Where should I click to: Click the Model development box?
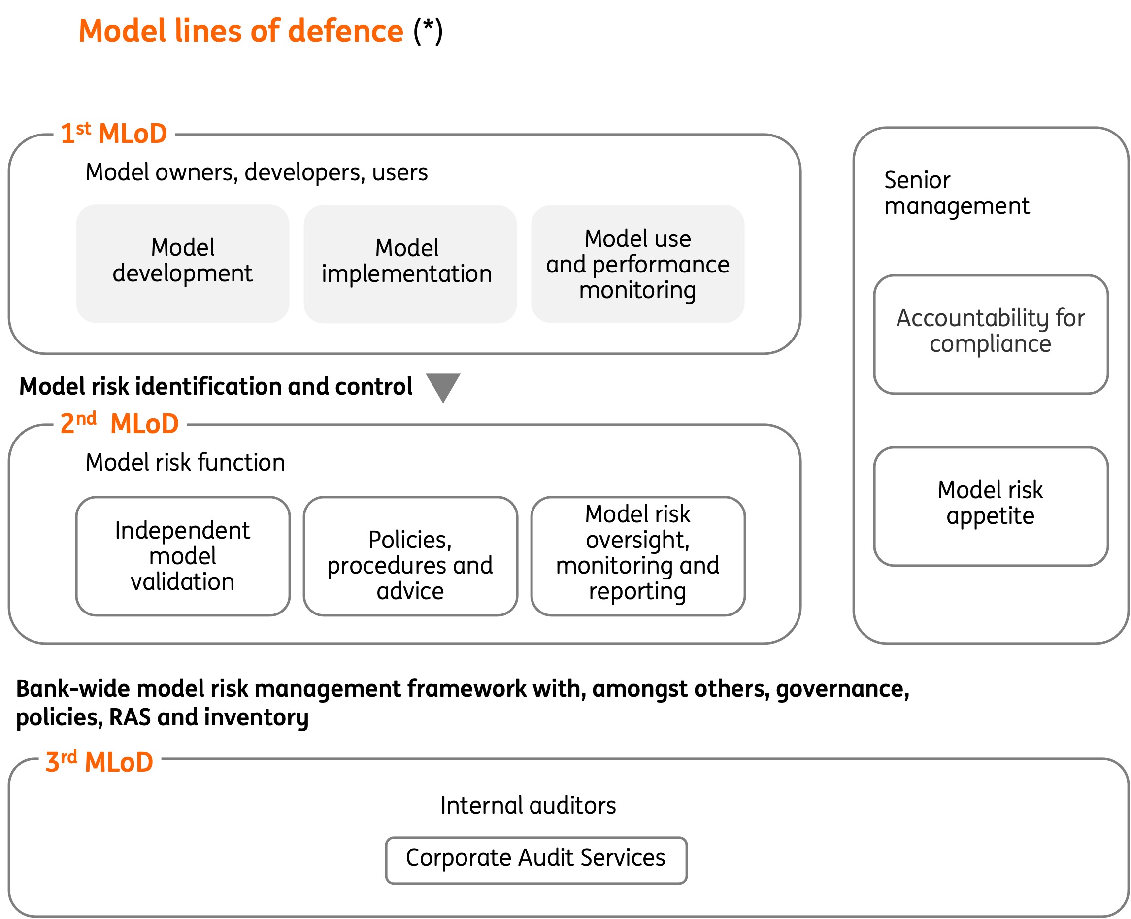click(183, 264)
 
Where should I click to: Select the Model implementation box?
click(410, 264)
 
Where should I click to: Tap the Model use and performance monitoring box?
click(637, 264)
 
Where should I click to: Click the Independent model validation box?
click(183, 556)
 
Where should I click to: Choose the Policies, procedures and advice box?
click(410, 556)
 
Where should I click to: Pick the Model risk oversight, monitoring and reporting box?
click(637, 556)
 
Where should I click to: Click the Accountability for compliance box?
click(990, 334)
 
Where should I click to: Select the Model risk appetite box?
click(990, 506)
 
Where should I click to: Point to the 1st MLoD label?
click(114, 134)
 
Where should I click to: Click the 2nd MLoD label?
click(120, 423)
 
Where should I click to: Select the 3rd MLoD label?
click(100, 761)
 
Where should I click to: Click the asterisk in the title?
click(428, 27)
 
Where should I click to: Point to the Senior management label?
click(956, 193)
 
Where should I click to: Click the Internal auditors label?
click(528, 805)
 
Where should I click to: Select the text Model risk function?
click(185, 462)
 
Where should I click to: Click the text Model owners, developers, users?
click(257, 172)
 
